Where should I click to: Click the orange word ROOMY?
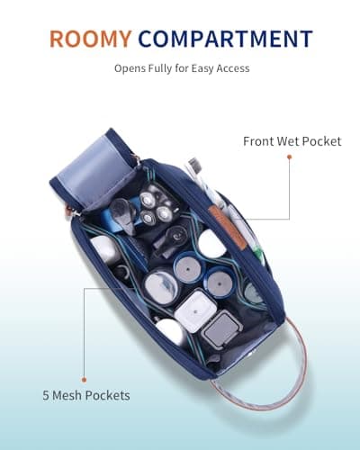[x=90, y=39]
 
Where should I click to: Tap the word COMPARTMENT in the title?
[x=226, y=39]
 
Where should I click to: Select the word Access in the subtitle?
[x=233, y=68]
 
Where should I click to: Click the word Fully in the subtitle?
[x=158, y=68]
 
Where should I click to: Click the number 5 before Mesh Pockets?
[x=46, y=395]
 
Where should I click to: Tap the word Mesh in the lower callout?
[x=67, y=395]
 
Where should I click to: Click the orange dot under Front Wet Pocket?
[x=289, y=157]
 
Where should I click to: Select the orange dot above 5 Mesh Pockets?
[x=85, y=380]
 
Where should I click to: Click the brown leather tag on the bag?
[x=228, y=227]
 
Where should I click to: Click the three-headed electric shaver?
[x=156, y=207]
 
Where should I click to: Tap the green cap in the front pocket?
[x=257, y=251]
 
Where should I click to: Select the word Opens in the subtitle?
[x=129, y=69]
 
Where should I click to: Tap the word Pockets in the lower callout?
[x=107, y=395]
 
